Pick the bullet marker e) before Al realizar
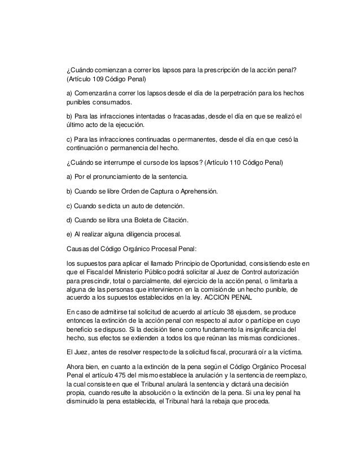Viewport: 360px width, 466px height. tap(69, 234)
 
